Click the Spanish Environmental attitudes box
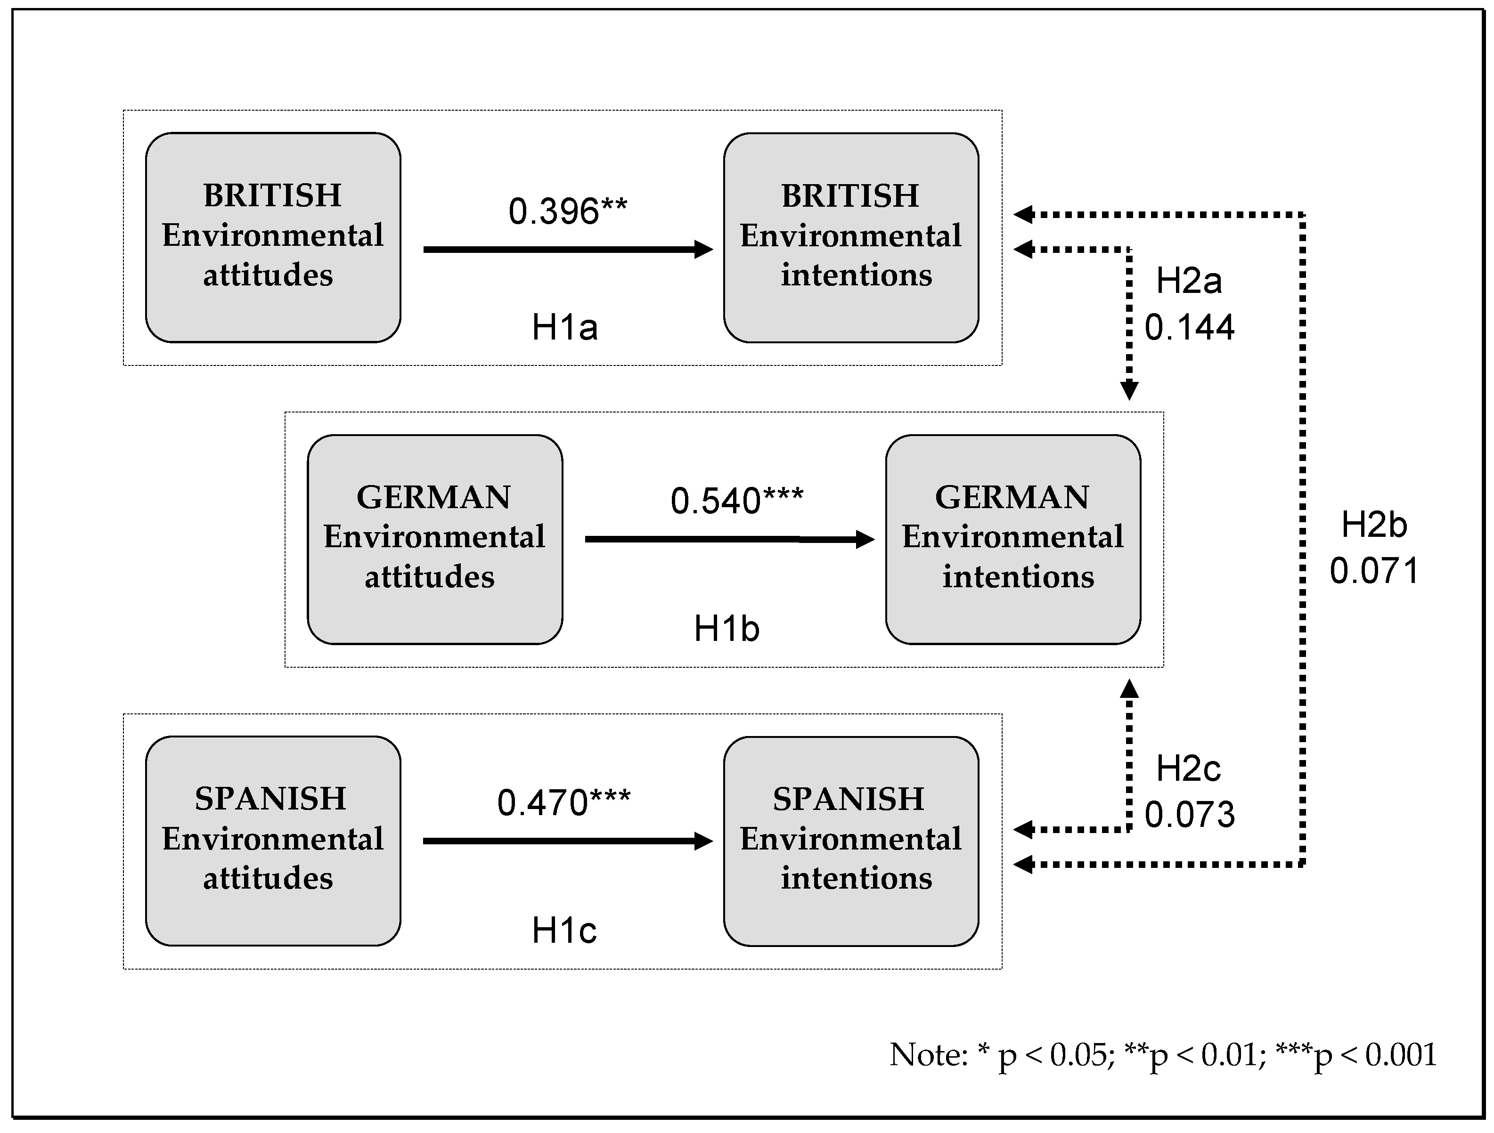273,840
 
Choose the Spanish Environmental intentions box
851,840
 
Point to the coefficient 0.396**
567,211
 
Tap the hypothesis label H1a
564,327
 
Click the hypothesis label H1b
727,629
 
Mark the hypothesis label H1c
564,931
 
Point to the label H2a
1189,281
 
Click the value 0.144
1189,327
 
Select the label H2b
1374,525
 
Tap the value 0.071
1374,571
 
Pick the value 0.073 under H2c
1189,814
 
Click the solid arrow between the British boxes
567,249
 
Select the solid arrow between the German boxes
729,539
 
